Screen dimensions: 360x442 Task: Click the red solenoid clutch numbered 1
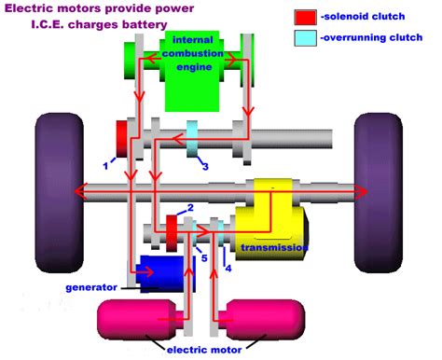[122, 139]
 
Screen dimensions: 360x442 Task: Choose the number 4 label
[228, 270]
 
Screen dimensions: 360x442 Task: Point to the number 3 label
[206, 166]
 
